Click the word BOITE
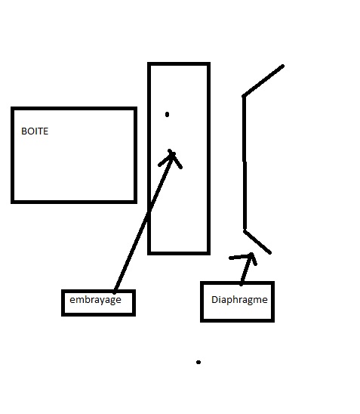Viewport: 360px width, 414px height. tap(35, 131)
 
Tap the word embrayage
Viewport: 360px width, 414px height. tap(95, 300)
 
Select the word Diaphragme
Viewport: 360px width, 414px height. tap(239, 300)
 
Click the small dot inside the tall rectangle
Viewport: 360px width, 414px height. tap(167, 114)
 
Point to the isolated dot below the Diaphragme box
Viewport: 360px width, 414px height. tap(198, 363)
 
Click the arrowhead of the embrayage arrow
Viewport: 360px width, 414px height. tap(171, 157)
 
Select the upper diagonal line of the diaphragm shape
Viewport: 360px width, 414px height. tap(263, 81)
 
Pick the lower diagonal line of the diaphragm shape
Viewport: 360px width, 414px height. tap(257, 242)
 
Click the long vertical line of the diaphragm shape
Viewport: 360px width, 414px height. tap(245, 163)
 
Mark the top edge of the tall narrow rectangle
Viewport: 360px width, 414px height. tap(179, 64)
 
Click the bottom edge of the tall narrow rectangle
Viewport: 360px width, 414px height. tap(179, 253)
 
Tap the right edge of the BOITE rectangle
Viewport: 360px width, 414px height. tap(135, 156)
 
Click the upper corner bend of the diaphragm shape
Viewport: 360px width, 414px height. tap(244, 96)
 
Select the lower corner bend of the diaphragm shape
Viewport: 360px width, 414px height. tap(245, 230)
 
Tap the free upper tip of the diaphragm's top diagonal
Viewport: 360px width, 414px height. tap(283, 66)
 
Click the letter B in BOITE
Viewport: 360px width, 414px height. tap(23, 131)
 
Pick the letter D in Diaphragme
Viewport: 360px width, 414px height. tap(214, 300)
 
